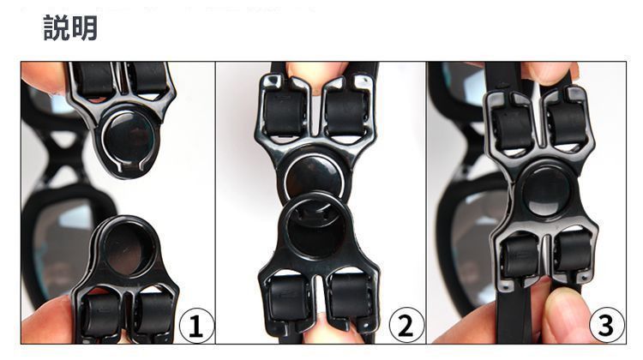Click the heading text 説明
tap(70, 28)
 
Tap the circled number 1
tap(196, 326)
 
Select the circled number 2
tap(406, 325)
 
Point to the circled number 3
tap(607, 325)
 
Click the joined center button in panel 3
tap(546, 190)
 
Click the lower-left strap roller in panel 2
tap(288, 297)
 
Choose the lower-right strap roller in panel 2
tap(350, 298)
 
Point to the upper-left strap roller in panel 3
tap(513, 126)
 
